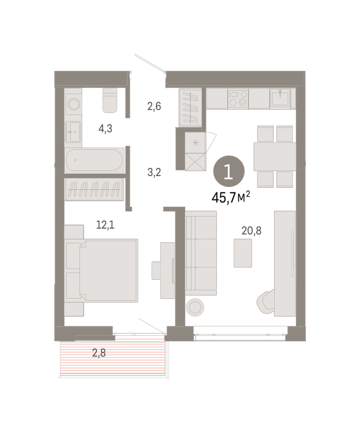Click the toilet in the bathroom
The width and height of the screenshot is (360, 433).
[110, 100]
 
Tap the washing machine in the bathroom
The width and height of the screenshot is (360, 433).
[74, 104]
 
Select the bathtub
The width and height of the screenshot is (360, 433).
[94, 160]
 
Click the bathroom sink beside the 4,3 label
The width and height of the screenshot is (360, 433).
[73, 132]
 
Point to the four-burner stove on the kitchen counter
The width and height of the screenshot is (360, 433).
[238, 99]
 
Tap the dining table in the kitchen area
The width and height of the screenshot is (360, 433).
[275, 157]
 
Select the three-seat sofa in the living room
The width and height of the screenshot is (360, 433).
[201, 253]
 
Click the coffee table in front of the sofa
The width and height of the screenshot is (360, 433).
[243, 253]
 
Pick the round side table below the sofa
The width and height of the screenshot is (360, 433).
[195, 307]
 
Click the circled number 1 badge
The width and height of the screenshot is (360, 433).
[229, 171]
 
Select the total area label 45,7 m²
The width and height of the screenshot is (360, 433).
[231, 198]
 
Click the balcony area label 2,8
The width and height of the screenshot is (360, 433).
[99, 353]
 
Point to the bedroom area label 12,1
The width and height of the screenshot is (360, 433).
[105, 224]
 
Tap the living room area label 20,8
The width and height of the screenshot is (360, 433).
[251, 231]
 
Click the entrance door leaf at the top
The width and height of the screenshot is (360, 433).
[150, 64]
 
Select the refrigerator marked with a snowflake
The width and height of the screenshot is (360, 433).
[195, 143]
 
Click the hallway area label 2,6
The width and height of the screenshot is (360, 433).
[154, 106]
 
